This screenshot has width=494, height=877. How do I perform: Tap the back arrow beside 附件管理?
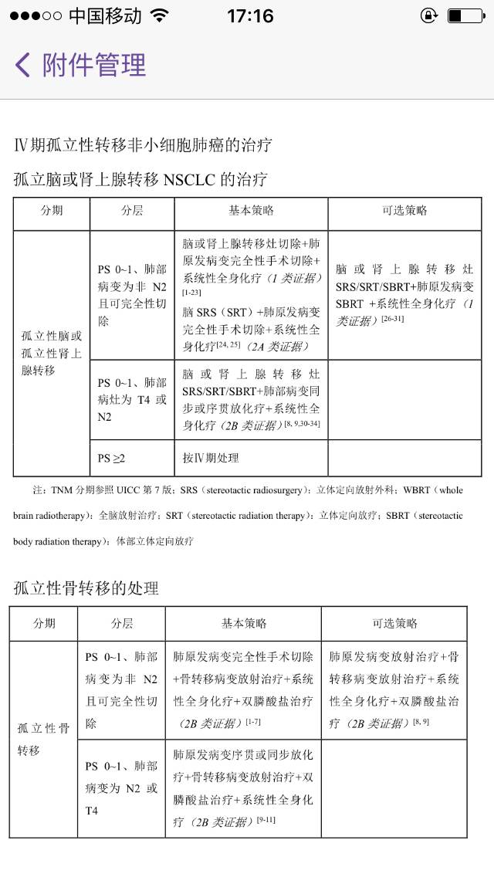22,65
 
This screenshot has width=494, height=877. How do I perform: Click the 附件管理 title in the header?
94,65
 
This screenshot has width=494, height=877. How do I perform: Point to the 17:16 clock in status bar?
250,15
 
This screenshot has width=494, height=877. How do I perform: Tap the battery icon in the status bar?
465,15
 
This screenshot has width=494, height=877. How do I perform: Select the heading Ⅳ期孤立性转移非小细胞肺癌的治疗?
143,144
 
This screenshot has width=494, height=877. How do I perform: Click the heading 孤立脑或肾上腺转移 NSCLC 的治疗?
140,180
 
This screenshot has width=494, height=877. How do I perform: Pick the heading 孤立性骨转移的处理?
86,588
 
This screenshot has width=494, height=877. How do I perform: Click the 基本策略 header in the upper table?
251,211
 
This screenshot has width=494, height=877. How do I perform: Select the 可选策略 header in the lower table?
394,624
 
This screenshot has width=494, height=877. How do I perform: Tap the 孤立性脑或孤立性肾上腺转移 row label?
51,354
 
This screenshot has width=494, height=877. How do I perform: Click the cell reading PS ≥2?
111,458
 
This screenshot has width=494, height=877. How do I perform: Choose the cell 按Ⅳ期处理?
211,458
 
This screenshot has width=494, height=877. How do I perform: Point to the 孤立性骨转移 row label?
43,739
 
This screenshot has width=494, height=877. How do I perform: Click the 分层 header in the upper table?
132,211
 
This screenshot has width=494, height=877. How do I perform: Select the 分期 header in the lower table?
43,624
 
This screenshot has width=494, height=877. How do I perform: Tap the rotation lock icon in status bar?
428,15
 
